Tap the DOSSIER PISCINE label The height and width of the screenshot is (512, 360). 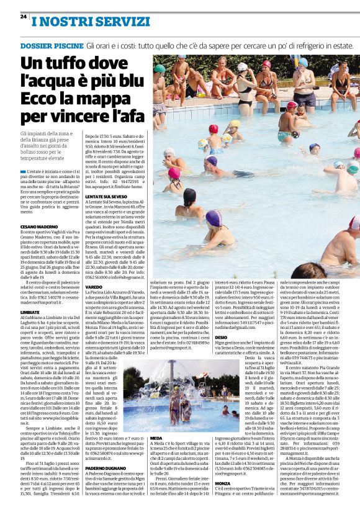(51, 47)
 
